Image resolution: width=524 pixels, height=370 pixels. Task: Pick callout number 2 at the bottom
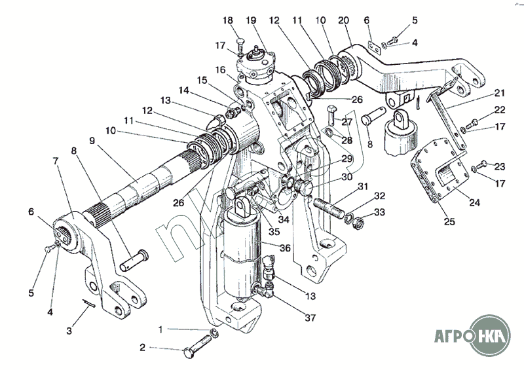143,348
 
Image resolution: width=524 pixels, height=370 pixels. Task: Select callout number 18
228,22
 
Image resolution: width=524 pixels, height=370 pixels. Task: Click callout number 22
500,110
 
